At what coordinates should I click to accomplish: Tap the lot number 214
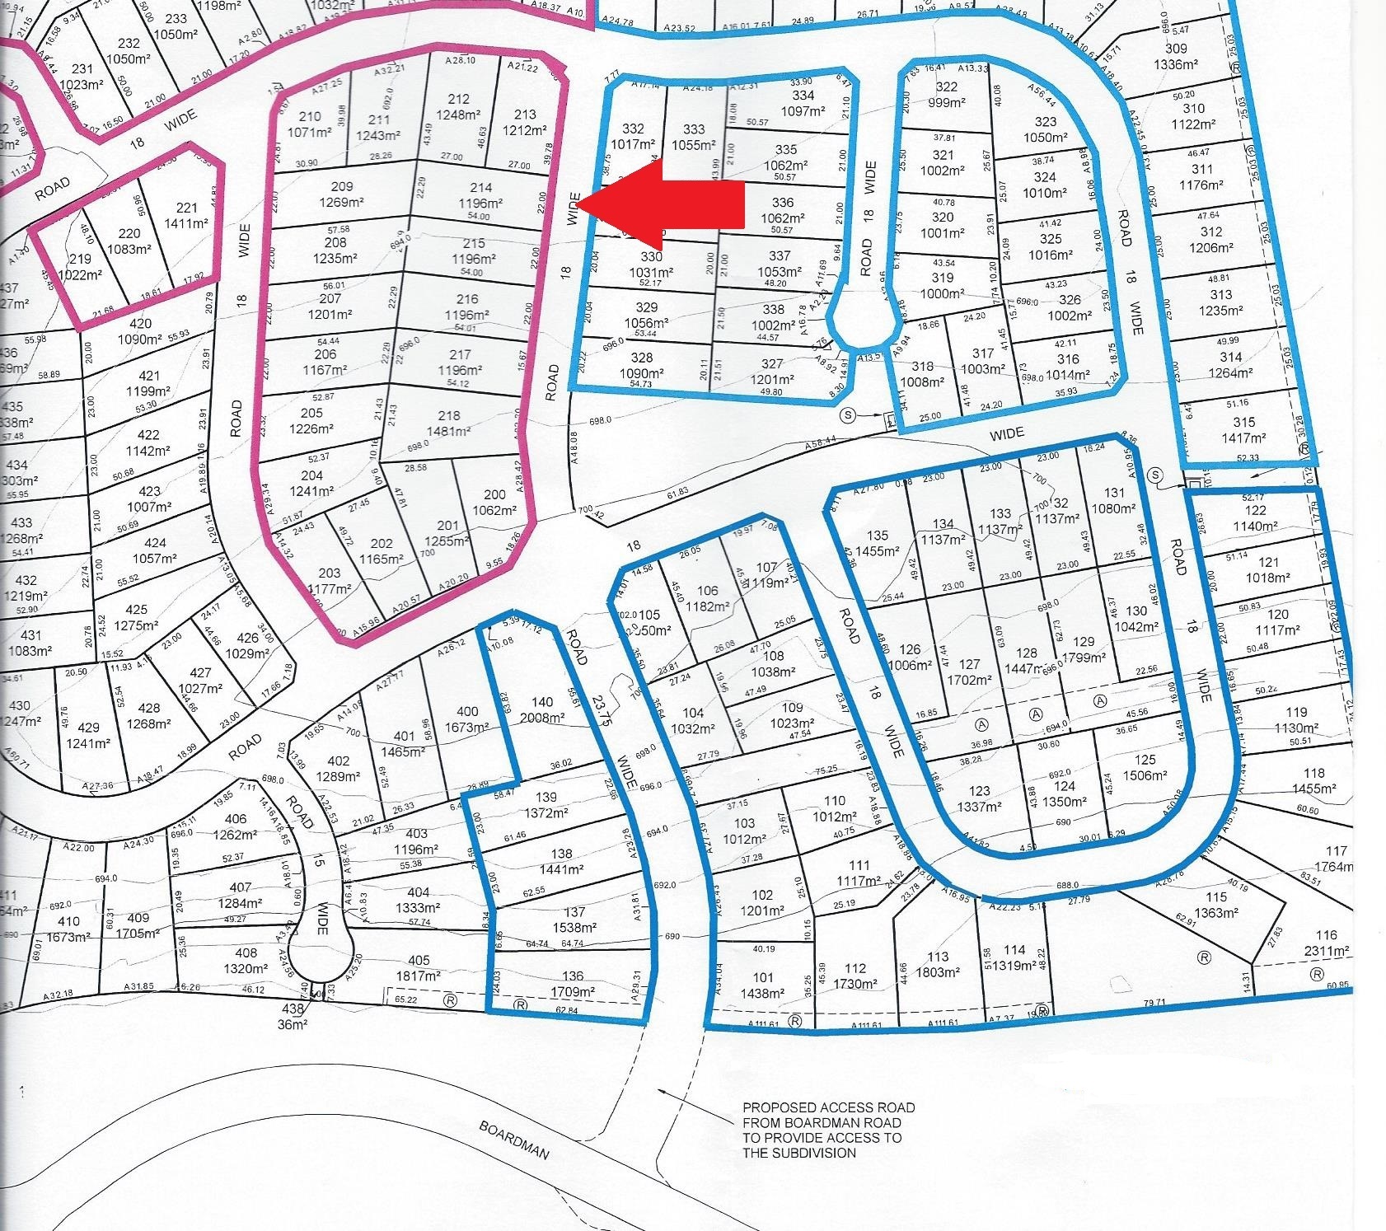(481, 188)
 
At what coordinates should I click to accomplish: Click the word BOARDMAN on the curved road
(514, 1140)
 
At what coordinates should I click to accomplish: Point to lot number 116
(1327, 934)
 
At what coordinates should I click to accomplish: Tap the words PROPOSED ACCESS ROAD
(828, 1107)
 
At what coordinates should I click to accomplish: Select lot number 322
(946, 87)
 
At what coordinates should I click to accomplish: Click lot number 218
(449, 416)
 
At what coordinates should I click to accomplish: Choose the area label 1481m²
(449, 431)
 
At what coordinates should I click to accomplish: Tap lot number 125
(1145, 760)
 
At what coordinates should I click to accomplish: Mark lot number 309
(1176, 49)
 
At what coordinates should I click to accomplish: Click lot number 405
(419, 960)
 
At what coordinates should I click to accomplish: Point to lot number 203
(329, 573)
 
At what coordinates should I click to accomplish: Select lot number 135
(878, 536)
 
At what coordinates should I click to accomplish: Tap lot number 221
(186, 208)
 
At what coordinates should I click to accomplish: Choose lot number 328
(642, 358)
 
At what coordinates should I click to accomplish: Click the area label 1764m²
(1336, 866)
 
